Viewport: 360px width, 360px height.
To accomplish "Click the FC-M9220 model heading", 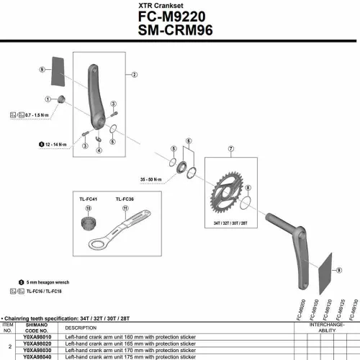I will pos(178,17).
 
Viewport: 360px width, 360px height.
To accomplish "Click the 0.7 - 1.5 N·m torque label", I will pos(35,115).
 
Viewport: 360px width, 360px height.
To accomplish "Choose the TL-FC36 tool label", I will pos(125,196).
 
